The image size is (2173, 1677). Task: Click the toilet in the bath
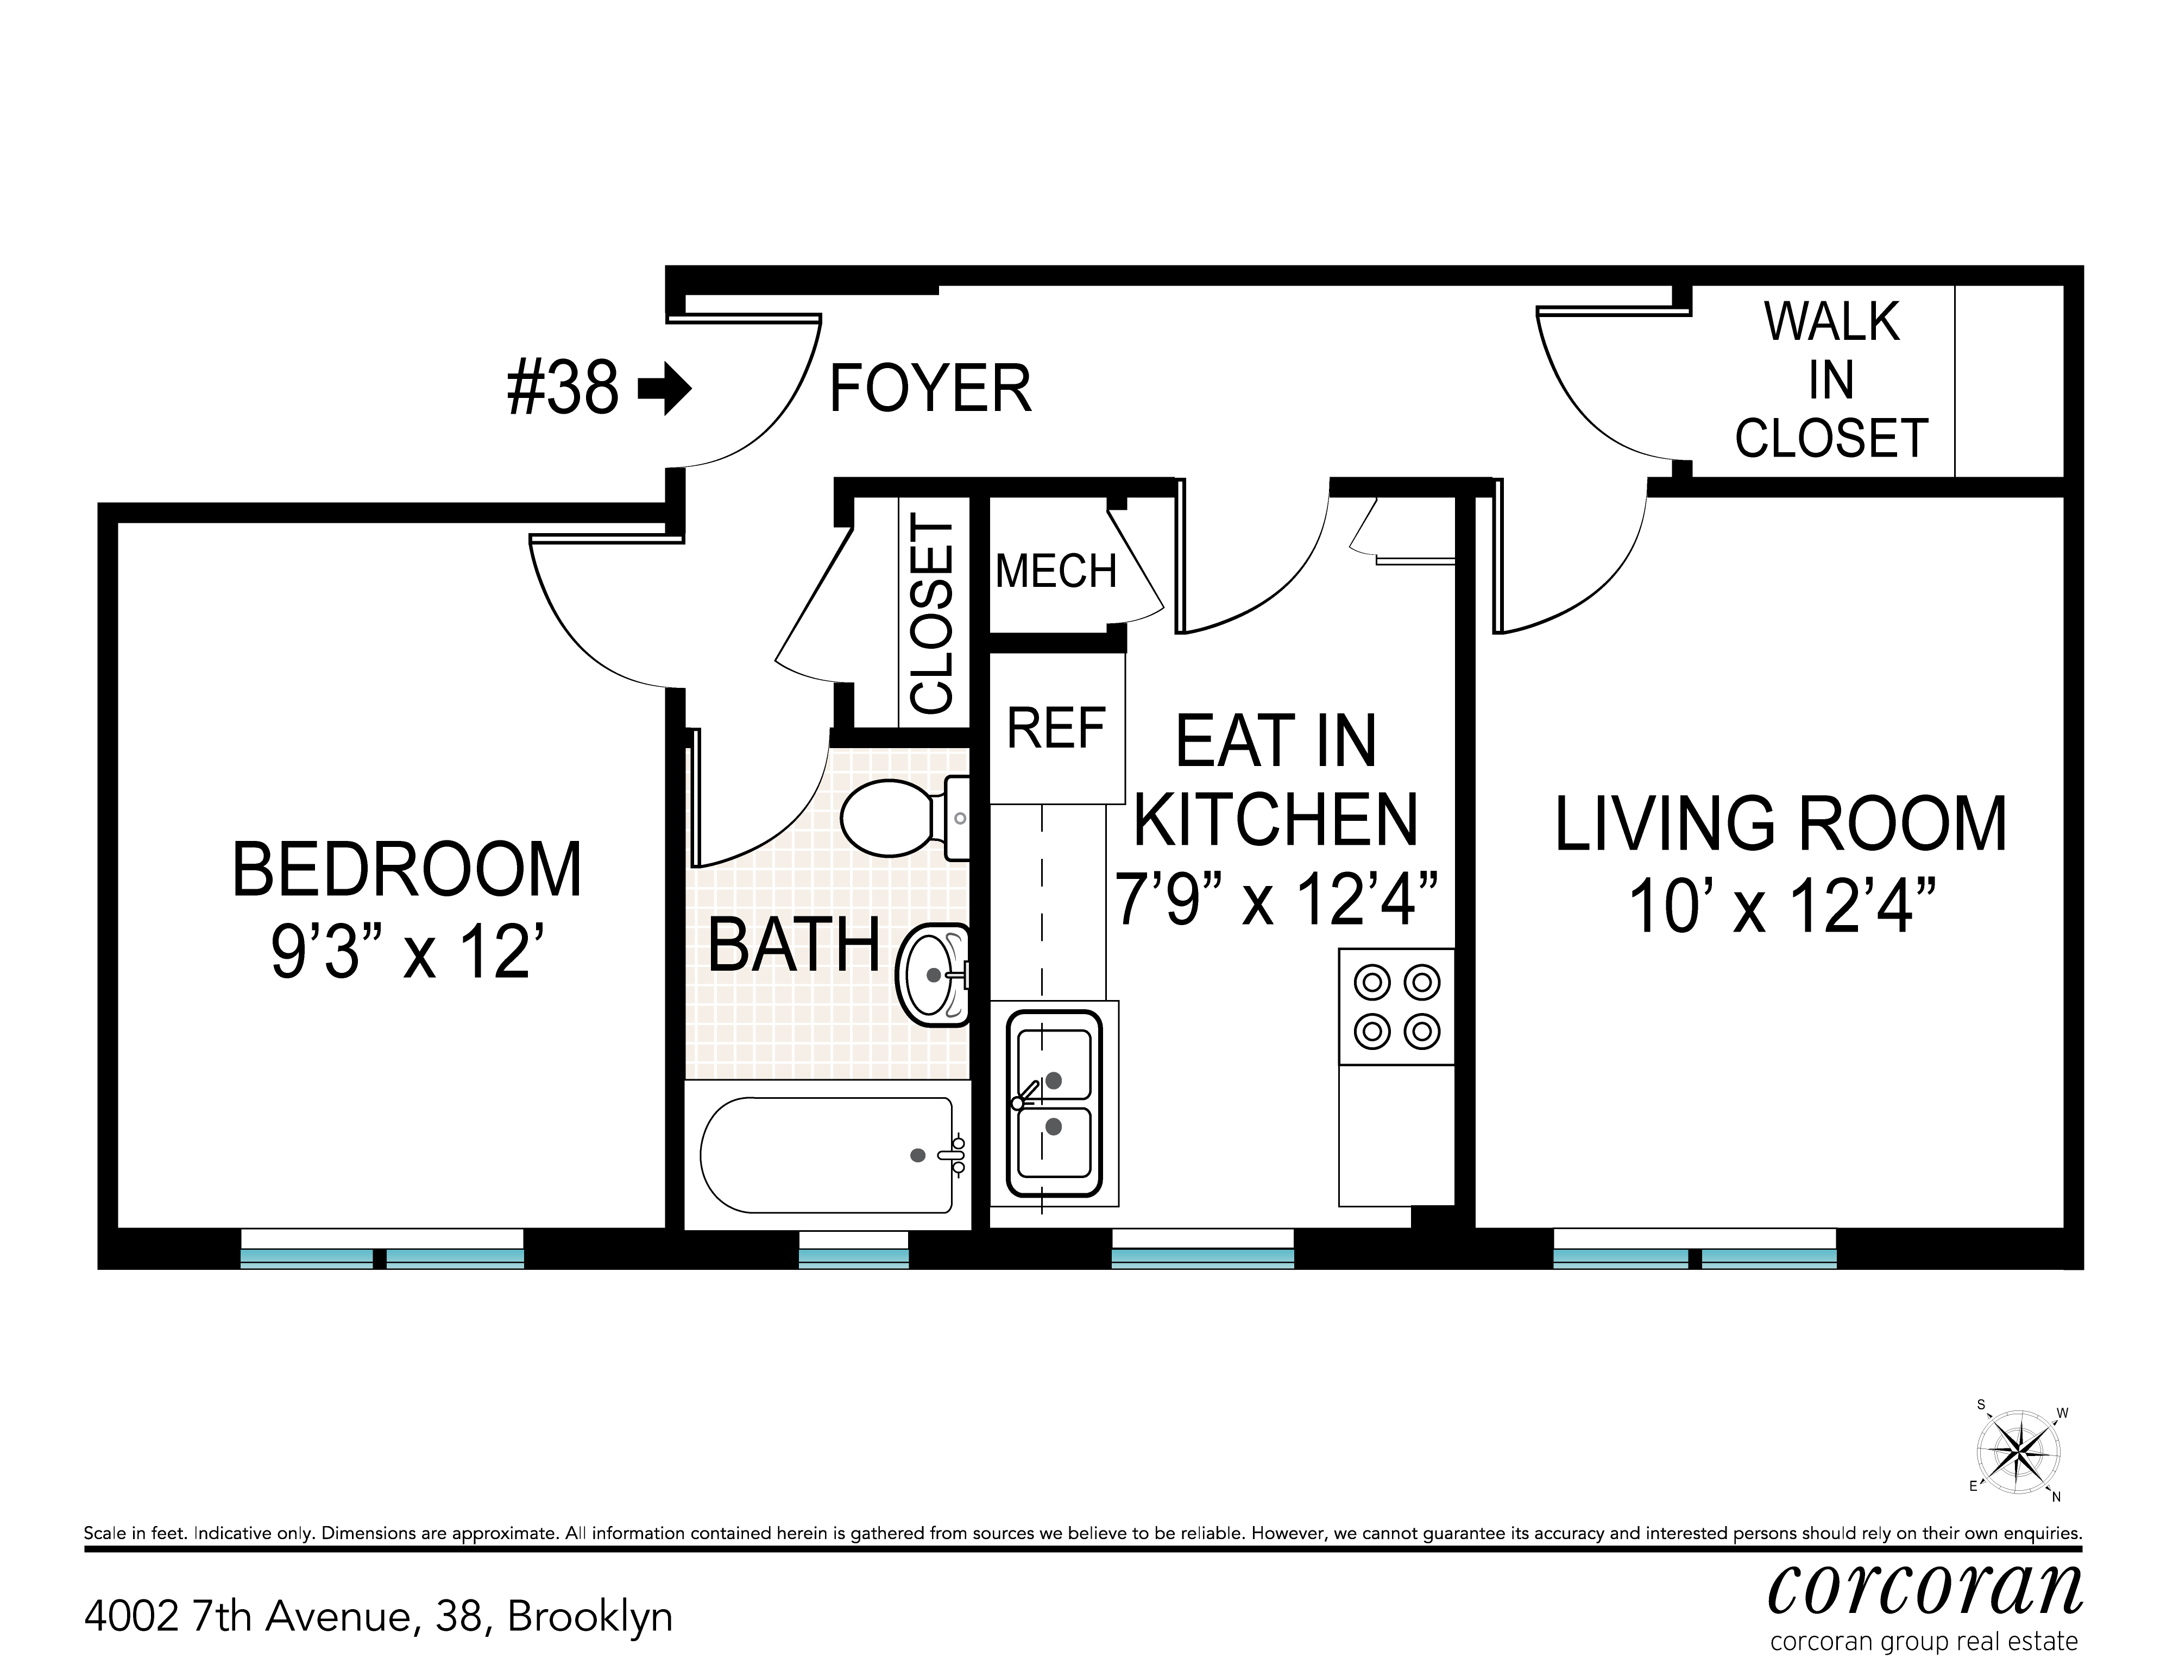tap(903, 818)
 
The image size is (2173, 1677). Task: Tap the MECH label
tap(1056, 571)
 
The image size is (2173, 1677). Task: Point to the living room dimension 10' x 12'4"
tap(1781, 906)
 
